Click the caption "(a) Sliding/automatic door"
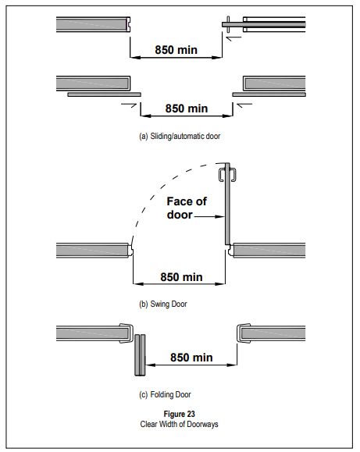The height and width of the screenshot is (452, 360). [x=180, y=136]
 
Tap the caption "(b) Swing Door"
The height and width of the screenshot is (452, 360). [x=163, y=304]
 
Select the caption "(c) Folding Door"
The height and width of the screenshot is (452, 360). [x=165, y=394]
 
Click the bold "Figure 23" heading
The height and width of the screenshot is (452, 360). [x=179, y=414]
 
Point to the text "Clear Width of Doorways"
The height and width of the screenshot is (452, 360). [x=179, y=425]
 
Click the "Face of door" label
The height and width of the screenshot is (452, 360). [x=187, y=208]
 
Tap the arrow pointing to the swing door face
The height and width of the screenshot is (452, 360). [x=209, y=216]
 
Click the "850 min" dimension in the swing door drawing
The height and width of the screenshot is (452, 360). [x=181, y=277]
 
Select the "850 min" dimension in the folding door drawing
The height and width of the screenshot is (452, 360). [x=191, y=358]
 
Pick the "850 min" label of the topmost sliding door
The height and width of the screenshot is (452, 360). [x=176, y=50]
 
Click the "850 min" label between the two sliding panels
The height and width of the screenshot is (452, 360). [x=187, y=109]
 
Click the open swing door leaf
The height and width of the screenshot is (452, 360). [x=227, y=204]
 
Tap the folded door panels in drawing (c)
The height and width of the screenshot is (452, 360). [x=140, y=355]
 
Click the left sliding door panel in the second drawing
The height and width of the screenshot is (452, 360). [x=104, y=94]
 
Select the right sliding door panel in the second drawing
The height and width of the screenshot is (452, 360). [x=269, y=94]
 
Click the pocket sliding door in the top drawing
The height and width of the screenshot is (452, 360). [x=264, y=24]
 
